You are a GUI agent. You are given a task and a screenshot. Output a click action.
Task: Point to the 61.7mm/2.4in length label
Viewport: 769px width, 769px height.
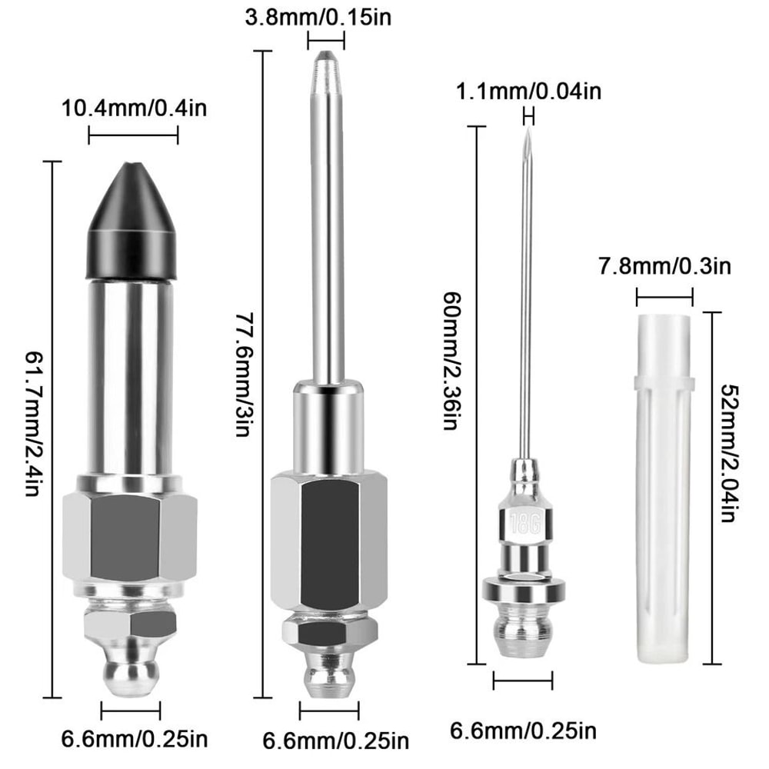[x=32, y=423]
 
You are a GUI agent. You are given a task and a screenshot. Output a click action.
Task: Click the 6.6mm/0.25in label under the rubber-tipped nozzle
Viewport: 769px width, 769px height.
[x=134, y=741]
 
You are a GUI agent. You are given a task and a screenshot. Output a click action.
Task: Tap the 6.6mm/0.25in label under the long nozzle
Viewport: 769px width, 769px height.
[x=335, y=742]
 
